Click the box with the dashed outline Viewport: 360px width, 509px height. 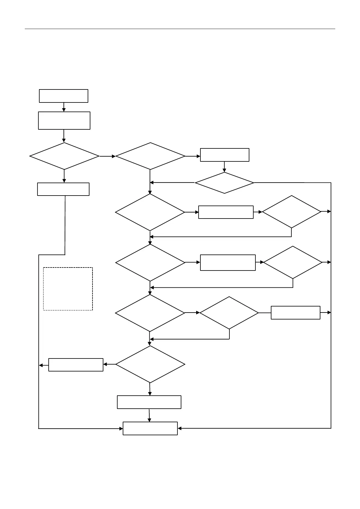pos(68,289)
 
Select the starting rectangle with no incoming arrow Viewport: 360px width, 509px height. pos(63,96)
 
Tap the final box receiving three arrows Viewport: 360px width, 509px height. pos(150,428)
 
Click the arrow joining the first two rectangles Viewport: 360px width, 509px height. pos(64,107)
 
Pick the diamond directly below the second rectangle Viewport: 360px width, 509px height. pos(64,156)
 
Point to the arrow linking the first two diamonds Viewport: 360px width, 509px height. pos(107,156)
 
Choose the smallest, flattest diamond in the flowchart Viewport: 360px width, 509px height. pos(224,183)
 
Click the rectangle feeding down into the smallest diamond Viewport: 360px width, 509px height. pos(225,155)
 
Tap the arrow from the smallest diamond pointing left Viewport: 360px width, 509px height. pos(172,183)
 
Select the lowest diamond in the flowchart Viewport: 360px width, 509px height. pos(150,364)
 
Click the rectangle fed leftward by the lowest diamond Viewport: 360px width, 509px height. pos(76,365)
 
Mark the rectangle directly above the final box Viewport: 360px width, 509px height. pos(149,402)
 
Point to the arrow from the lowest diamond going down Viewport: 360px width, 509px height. pos(150,389)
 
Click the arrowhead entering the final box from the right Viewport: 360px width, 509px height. pos(179,428)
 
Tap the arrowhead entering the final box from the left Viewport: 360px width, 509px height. pos(121,429)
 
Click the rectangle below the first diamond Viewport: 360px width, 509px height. pos(63,189)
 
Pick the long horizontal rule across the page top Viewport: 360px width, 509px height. pos(180,29)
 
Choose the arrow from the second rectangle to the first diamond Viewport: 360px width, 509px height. pos(64,136)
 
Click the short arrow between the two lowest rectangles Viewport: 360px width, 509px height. pos(149,415)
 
